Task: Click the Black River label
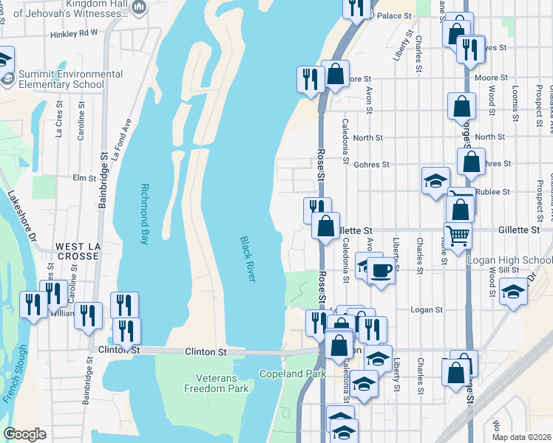(248, 258)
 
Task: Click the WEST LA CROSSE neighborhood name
(77, 251)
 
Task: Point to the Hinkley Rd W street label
(74, 33)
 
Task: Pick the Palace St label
(394, 16)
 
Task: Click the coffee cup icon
(381, 270)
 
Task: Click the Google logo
(24, 434)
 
